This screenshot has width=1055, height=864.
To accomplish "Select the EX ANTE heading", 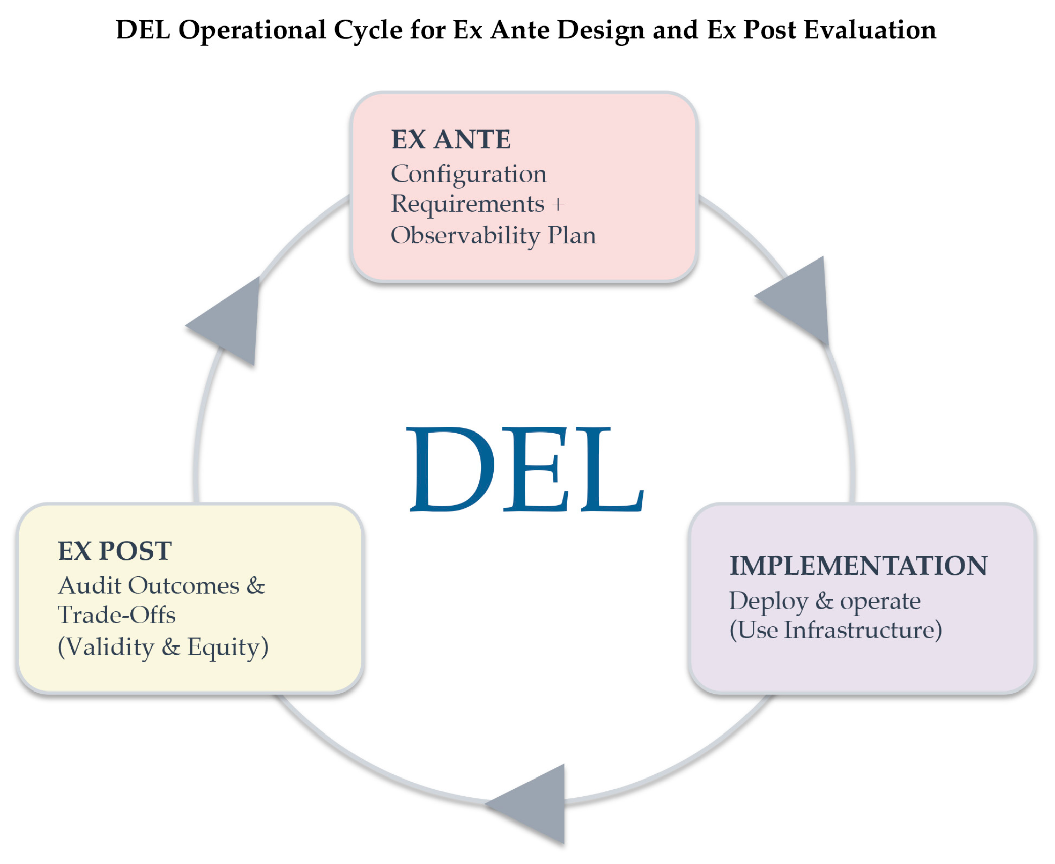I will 451,140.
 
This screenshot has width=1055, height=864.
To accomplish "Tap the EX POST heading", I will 115,551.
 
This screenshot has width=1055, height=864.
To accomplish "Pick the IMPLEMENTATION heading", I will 858,566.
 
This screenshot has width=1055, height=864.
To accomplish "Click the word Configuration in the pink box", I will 469,175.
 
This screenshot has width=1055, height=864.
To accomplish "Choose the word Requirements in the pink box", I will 468,205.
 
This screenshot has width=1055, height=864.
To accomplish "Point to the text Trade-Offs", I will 117,616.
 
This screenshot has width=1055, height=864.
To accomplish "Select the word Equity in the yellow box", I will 228,647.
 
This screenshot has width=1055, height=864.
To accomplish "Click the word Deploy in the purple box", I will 768,602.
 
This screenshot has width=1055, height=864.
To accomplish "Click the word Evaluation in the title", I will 870,30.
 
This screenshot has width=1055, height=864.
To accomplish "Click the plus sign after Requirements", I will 558,205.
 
